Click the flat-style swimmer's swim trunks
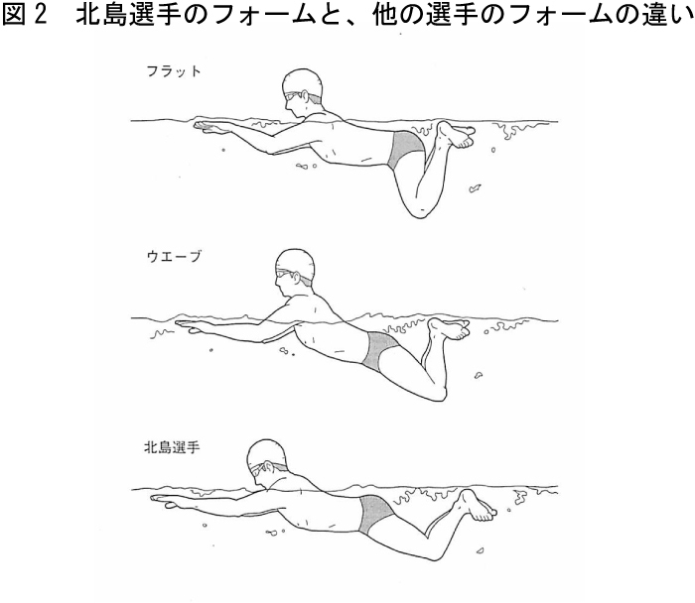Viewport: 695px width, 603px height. pyautogui.click(x=405, y=150)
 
